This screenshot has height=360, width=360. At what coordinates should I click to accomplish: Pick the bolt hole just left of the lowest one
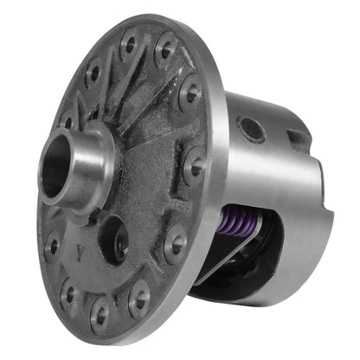click(x=70, y=294)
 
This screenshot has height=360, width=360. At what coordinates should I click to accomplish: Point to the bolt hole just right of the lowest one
click(x=138, y=299)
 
